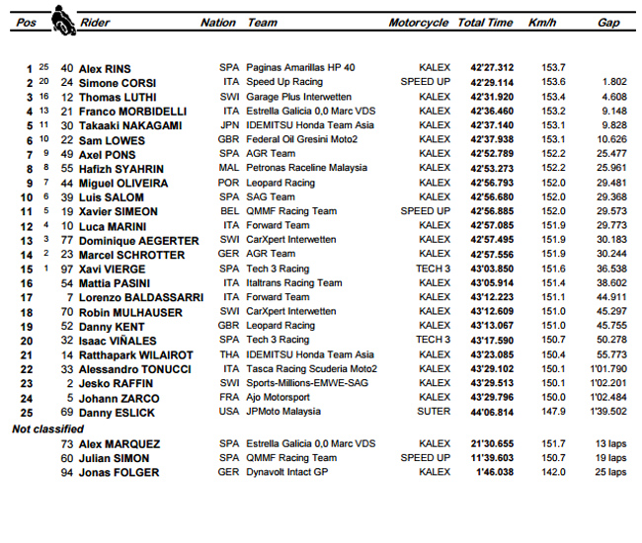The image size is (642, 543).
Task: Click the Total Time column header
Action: coord(485,23)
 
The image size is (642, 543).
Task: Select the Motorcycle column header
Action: coord(418,23)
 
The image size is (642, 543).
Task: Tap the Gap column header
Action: coord(608,23)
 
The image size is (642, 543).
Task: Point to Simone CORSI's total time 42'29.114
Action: coord(485,83)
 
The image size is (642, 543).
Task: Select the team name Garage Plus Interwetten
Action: coord(298,97)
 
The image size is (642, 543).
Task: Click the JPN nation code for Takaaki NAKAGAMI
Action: coord(229,125)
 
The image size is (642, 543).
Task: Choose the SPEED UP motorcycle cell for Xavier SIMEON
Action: coord(426,211)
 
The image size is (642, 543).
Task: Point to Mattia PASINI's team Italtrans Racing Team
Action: coord(294,283)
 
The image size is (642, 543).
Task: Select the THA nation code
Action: coord(229,354)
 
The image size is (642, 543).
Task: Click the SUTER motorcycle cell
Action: coord(434,412)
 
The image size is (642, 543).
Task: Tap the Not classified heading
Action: coord(46,428)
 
